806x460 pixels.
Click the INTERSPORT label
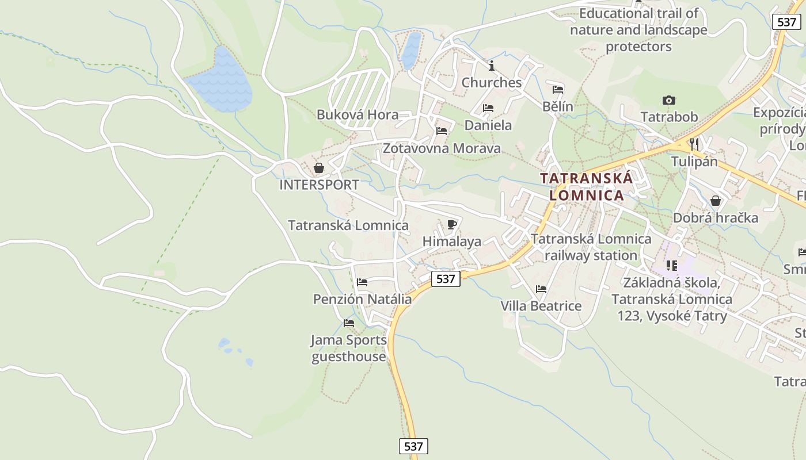pos(319,185)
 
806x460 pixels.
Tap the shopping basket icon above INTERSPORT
pos(318,168)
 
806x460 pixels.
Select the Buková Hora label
pos(358,114)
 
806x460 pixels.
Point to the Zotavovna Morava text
pos(442,148)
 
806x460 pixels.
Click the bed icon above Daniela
pos(488,108)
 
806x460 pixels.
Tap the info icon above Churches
pos(491,66)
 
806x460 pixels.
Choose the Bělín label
pos(558,106)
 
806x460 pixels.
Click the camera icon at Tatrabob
pos(668,101)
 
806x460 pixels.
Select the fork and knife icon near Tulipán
pos(694,144)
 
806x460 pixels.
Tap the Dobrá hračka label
pos(716,218)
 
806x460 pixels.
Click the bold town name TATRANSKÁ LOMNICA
pos(587,186)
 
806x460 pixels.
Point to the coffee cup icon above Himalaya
pos(451,224)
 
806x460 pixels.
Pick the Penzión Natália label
pos(362,299)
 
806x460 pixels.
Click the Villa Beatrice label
pos(541,306)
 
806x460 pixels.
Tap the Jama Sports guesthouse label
pos(349,348)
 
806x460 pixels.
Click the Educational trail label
pos(638,29)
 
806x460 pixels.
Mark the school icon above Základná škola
pos(672,266)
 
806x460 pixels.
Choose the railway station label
pos(591,247)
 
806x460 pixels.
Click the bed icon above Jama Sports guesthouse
pos(349,323)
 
